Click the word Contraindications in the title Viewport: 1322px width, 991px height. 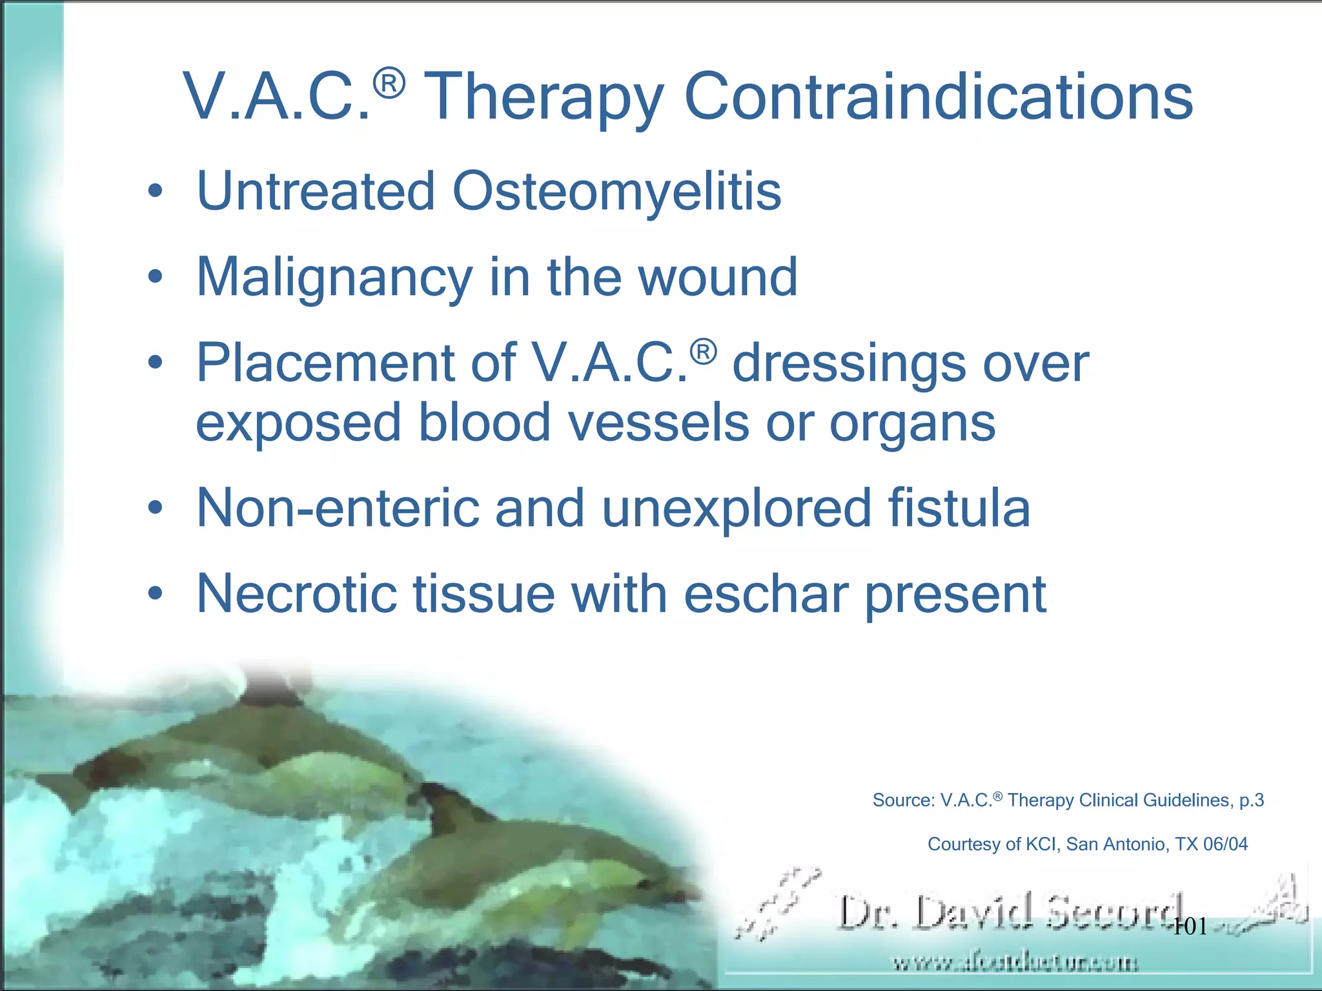[x=938, y=97]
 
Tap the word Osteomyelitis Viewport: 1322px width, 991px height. [x=616, y=192]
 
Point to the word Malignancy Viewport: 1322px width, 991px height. [x=334, y=277]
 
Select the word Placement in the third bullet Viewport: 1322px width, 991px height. [x=325, y=363]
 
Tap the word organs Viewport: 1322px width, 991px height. [x=912, y=424]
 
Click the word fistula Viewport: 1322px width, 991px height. [x=959, y=508]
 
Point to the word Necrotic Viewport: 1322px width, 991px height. [x=296, y=594]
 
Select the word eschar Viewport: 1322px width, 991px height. [x=766, y=594]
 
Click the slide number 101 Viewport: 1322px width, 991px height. [x=1190, y=927]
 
